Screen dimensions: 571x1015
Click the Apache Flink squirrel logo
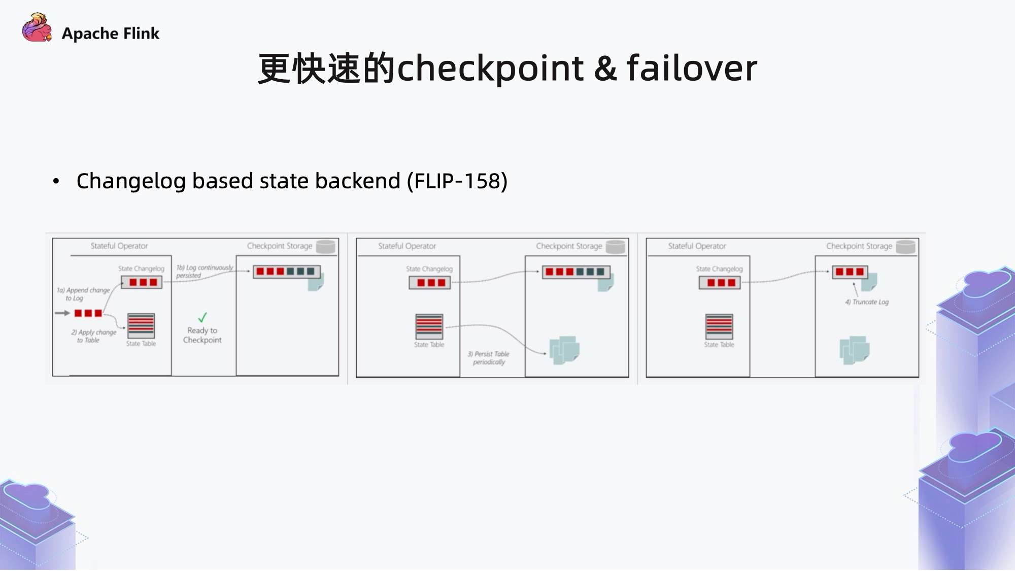point(37,28)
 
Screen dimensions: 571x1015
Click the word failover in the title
point(692,68)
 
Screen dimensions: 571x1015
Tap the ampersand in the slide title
point(605,69)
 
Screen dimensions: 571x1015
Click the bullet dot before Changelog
point(56,181)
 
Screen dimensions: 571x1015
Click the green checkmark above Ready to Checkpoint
point(202,317)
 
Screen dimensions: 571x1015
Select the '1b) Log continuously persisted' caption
point(204,271)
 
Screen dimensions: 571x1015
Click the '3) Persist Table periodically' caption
point(488,358)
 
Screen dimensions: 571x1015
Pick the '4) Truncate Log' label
point(867,302)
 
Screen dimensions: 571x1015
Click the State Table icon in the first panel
point(141,326)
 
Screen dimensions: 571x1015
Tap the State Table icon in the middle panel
point(429,326)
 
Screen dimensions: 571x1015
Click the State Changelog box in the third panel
point(719,283)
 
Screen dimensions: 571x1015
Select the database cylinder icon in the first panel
point(325,247)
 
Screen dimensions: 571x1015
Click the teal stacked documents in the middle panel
point(564,350)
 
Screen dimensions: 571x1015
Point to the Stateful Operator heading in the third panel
point(697,246)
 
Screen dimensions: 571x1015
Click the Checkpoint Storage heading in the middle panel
point(569,246)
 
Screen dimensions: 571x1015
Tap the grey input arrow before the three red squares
point(62,313)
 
